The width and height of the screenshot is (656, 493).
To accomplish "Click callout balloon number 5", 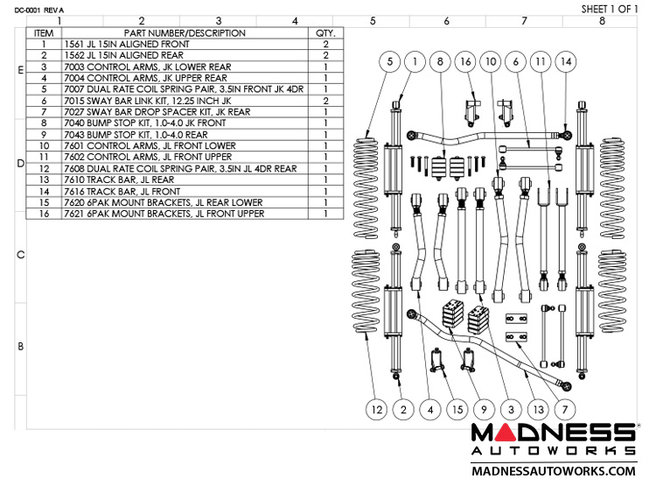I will click(x=389, y=61).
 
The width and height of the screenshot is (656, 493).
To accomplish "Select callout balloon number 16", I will click(x=465, y=61).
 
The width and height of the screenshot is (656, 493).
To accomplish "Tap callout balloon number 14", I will click(x=567, y=61).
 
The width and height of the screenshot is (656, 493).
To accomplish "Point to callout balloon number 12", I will click(x=377, y=409).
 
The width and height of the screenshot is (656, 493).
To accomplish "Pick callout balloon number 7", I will click(x=566, y=409).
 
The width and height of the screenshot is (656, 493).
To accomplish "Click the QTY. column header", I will click(x=325, y=32).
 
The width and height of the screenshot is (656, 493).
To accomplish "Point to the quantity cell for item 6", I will click(x=325, y=100).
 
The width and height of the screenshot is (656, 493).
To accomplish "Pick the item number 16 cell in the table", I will click(x=43, y=213).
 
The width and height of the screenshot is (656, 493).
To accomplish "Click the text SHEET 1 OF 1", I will click(x=611, y=9).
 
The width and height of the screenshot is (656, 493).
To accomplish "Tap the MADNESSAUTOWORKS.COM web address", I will click(x=553, y=471).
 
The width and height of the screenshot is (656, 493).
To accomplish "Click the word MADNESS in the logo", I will click(x=553, y=433).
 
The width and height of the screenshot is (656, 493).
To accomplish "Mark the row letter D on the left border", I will click(x=20, y=164).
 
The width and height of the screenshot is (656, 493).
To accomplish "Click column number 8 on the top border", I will click(x=602, y=20).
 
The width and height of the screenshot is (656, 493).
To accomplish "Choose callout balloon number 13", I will click(x=540, y=409).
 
